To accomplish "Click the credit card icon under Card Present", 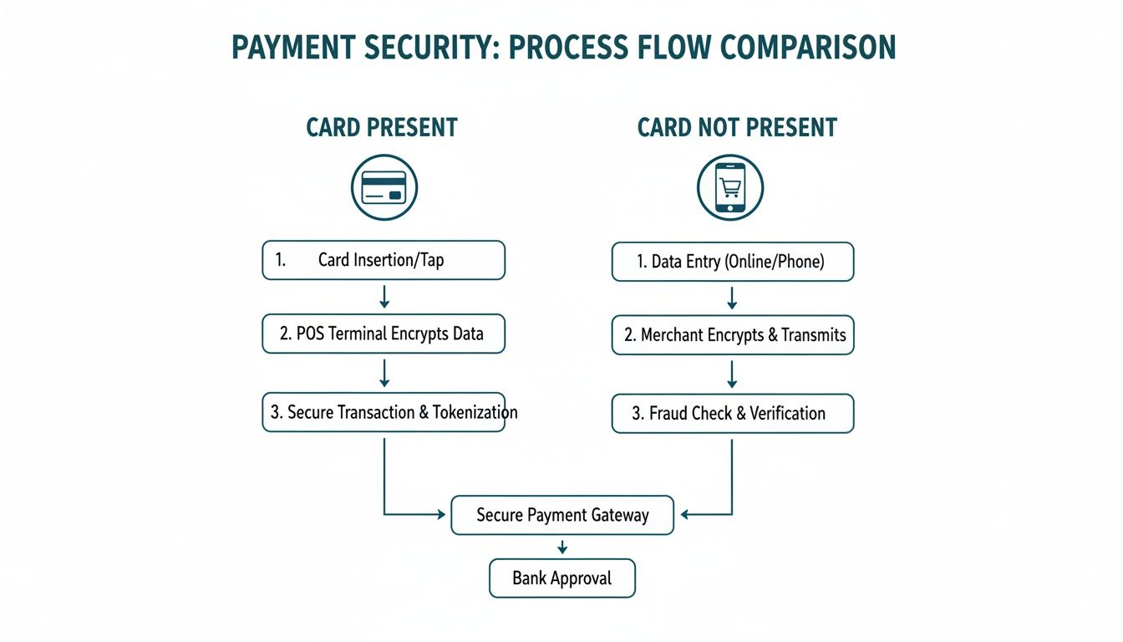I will (x=384, y=187).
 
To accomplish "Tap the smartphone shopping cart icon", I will (x=730, y=187).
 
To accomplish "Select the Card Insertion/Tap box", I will (x=384, y=260).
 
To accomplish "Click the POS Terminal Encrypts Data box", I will (x=384, y=334).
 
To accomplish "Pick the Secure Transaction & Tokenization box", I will (x=384, y=412).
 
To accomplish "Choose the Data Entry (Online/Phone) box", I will (x=732, y=262).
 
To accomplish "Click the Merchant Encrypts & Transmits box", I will (x=732, y=335).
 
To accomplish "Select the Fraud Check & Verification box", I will (x=732, y=413).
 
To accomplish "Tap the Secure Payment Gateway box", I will (x=562, y=515).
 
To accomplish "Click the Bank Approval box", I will (x=562, y=578).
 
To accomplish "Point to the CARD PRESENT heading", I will (x=382, y=128).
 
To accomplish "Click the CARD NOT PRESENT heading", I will (x=737, y=128).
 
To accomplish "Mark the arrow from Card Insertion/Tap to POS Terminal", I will (x=384, y=296).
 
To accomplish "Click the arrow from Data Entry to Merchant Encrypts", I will (x=732, y=298).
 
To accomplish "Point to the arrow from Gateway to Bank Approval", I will (x=562, y=547).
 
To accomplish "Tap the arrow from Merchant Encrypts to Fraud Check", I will (x=732, y=374).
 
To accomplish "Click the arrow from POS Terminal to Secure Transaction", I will (x=384, y=372).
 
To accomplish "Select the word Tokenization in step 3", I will (x=475, y=412).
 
